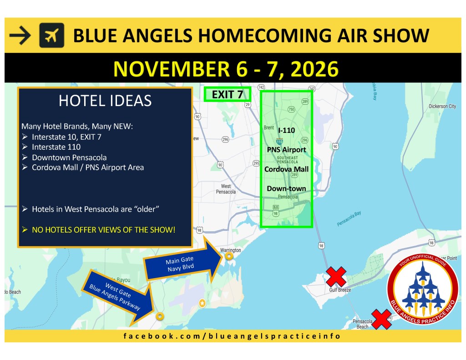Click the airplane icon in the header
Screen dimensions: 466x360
(x=52, y=35)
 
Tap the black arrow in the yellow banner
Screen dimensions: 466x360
(x=20, y=35)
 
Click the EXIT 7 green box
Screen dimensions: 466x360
(x=228, y=95)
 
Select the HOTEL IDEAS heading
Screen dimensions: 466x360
(x=105, y=101)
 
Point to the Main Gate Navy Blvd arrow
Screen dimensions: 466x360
(x=183, y=262)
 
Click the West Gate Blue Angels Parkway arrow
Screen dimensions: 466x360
(x=119, y=296)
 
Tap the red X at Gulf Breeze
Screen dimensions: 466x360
(x=336, y=276)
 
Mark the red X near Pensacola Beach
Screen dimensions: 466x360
(x=381, y=319)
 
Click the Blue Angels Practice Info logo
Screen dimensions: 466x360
(x=423, y=289)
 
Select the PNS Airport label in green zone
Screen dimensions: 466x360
(x=287, y=150)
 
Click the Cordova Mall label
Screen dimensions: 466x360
(x=287, y=169)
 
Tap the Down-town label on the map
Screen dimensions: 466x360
(x=287, y=188)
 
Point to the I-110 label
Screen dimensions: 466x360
(x=287, y=130)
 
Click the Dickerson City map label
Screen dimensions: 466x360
(x=442, y=106)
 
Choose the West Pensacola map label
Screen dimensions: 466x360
(x=226, y=189)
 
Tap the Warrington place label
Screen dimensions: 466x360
(x=230, y=250)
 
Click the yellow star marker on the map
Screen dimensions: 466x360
(x=202, y=303)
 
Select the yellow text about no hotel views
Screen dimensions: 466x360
(x=104, y=230)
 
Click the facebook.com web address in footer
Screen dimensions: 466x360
(x=232, y=336)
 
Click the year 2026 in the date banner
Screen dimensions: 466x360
(x=314, y=69)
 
